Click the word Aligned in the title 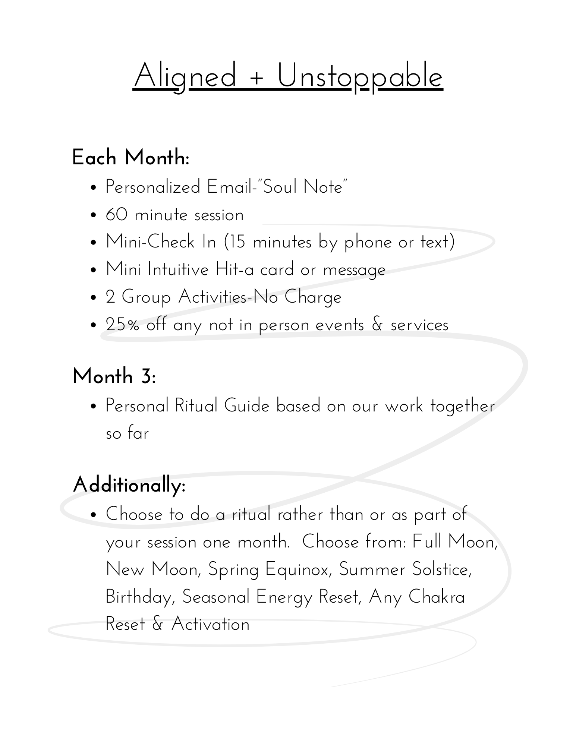pyautogui.click(x=185, y=76)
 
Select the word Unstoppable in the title pyautogui.click(x=360, y=76)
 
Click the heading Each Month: pyautogui.click(x=130, y=158)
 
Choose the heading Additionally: pyautogui.click(x=129, y=485)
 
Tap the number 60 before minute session pyautogui.click(x=116, y=215)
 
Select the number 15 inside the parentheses pyautogui.click(x=237, y=242)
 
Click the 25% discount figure pyautogui.click(x=122, y=325)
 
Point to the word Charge pyautogui.click(x=313, y=297)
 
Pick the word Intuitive pyautogui.click(x=178, y=269)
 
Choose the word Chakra pyautogui.click(x=437, y=597)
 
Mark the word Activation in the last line pyautogui.click(x=210, y=625)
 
